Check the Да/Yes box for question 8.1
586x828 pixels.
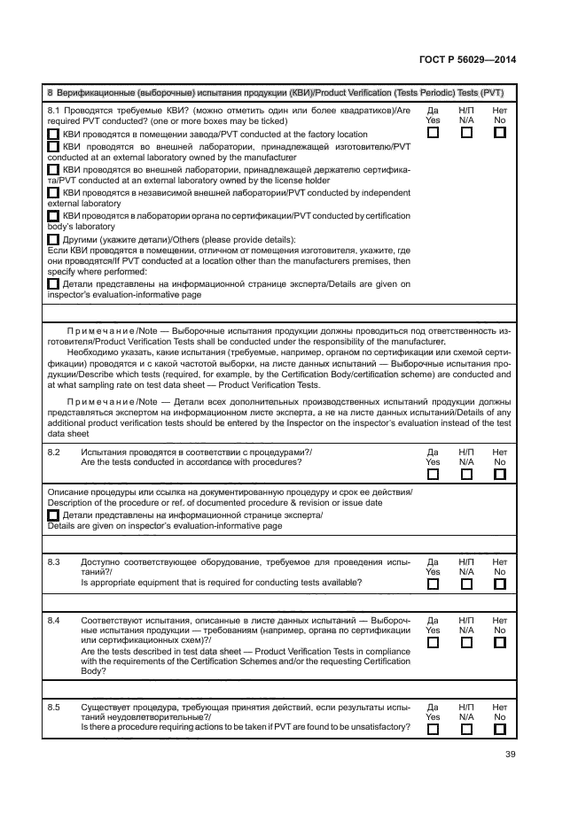pyautogui.click(x=433, y=133)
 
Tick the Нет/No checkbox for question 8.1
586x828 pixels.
pyautogui.click(x=499, y=133)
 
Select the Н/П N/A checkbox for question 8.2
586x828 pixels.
pyautogui.click(x=466, y=474)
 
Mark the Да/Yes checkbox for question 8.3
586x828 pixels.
pyautogui.click(x=433, y=584)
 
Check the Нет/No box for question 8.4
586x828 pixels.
pyautogui.click(x=499, y=642)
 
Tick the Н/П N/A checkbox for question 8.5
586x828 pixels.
pyautogui.click(x=466, y=730)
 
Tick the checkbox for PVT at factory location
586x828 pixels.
pyautogui.click(x=53, y=135)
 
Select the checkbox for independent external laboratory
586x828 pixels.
pyautogui.click(x=53, y=192)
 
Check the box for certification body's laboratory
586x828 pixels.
pyautogui.click(x=53, y=215)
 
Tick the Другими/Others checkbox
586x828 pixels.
pyautogui.click(x=53, y=239)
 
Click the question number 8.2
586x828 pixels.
pyautogui.click(x=53, y=452)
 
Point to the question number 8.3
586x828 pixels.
pyautogui.click(x=53, y=561)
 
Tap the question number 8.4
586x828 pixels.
pyautogui.click(x=53, y=620)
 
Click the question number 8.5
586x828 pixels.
pyautogui.click(x=53, y=708)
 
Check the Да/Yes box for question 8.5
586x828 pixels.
pyautogui.click(x=433, y=730)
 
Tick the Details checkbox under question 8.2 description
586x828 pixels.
pyautogui.click(x=53, y=515)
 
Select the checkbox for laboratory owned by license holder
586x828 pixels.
pyautogui.click(x=53, y=168)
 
